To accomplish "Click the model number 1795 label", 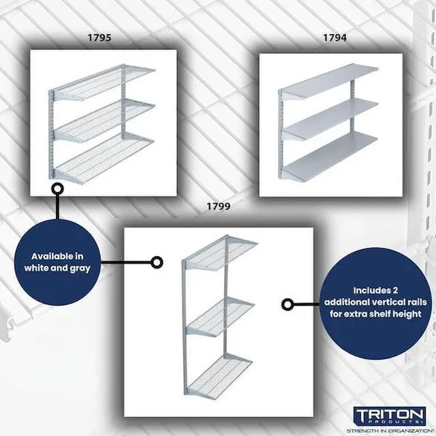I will pyautogui.click(x=100, y=38).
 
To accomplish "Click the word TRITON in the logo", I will pyautogui.click(x=390, y=415).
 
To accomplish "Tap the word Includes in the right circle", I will pyautogui.click(x=372, y=290).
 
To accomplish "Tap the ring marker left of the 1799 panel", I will pyautogui.click(x=157, y=262).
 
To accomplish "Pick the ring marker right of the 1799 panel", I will pyautogui.click(x=287, y=305).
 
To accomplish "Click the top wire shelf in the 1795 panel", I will pyautogui.click(x=106, y=80).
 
